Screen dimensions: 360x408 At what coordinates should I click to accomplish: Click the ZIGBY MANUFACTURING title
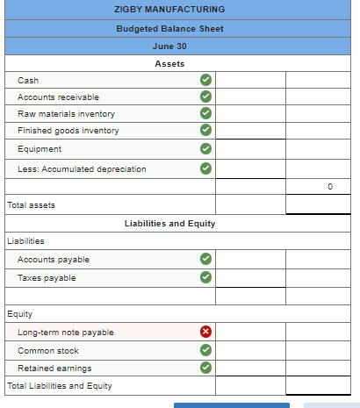coord(169,9)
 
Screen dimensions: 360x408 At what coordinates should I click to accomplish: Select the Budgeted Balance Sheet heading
coord(169,28)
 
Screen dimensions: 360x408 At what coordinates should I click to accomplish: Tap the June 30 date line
coord(169,46)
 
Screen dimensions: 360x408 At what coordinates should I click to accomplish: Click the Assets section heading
coord(169,63)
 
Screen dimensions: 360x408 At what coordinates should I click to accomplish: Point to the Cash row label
coord(28,81)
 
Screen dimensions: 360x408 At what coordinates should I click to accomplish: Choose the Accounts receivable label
coord(58,97)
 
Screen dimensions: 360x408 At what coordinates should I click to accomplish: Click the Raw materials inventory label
coord(66,114)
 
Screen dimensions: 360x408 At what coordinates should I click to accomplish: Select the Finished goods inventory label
coord(68,131)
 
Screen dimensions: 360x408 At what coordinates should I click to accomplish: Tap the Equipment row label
coord(40,149)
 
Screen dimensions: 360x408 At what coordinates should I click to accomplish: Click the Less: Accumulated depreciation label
coord(82,168)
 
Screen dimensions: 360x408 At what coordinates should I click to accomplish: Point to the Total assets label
coord(31,205)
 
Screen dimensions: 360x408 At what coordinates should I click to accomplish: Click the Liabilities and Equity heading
coord(169,224)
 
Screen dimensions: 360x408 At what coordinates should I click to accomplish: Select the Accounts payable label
coord(53,260)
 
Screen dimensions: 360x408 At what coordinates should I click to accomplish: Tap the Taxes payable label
coord(47,278)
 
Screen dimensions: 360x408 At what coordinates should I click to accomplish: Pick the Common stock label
coord(48,351)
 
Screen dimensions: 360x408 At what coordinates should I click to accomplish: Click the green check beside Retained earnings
coord(205,369)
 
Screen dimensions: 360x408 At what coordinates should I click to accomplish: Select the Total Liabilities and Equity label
coord(59,386)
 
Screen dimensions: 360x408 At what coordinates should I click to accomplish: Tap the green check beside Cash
coord(205,81)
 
